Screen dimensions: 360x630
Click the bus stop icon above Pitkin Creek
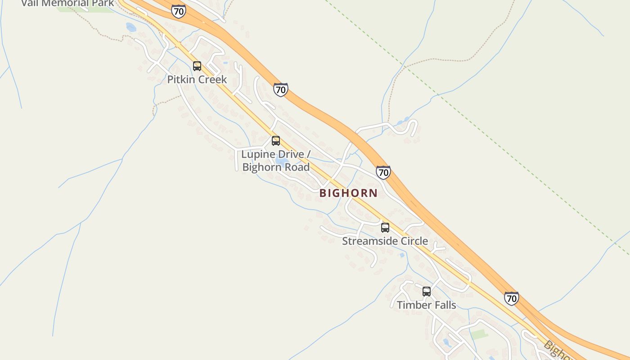click(197, 66)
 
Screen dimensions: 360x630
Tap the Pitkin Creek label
click(197, 80)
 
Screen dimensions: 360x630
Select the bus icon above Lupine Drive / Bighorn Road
click(276, 141)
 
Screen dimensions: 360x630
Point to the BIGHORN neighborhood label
click(348, 193)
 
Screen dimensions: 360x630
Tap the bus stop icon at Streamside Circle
click(385, 228)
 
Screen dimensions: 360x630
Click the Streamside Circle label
click(385, 241)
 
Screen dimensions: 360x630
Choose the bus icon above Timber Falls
click(427, 292)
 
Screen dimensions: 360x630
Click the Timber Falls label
click(426, 305)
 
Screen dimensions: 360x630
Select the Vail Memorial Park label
click(67, 3)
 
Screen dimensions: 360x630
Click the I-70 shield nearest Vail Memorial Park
click(179, 11)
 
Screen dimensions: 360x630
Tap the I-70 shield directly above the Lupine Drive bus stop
click(280, 90)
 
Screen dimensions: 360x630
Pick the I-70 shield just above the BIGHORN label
click(383, 172)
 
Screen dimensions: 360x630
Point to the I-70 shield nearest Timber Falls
click(511, 298)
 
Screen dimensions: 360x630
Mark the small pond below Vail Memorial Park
click(131, 27)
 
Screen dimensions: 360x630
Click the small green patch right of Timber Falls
click(479, 334)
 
